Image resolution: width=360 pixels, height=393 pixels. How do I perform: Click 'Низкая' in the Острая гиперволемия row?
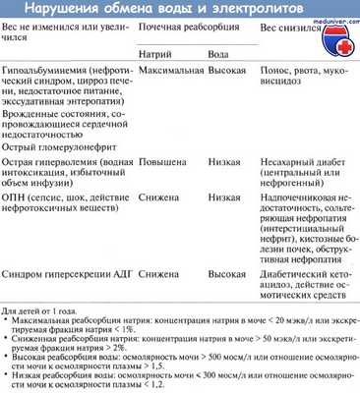tap(222, 183)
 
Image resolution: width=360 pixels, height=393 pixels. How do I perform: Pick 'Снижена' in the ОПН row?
tap(159, 221)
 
